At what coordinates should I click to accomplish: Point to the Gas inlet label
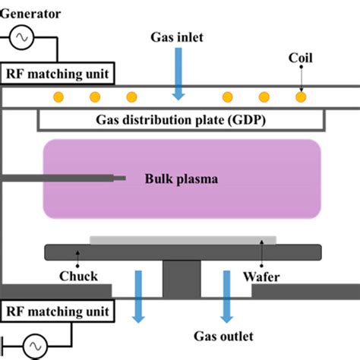(x=178, y=37)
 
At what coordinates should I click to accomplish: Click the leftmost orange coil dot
(x=57, y=97)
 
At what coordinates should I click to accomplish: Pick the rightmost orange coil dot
(x=302, y=97)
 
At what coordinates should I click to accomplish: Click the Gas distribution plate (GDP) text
(x=182, y=120)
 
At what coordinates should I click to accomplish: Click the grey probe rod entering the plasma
(x=61, y=178)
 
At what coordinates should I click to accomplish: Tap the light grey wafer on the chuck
(x=182, y=240)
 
